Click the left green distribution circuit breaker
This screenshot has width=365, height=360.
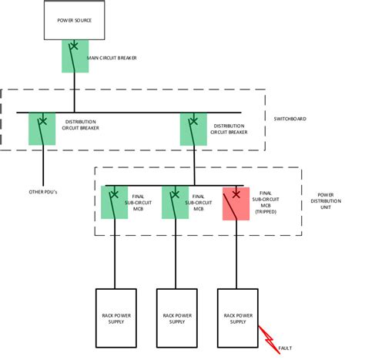coord(42,129)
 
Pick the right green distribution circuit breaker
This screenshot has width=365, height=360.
coord(193,129)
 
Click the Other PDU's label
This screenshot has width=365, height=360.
coord(42,191)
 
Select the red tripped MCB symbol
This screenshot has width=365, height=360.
coord(236,204)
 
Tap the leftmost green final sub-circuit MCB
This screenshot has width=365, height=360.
coord(114,202)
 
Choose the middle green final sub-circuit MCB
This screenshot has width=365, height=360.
coord(175,202)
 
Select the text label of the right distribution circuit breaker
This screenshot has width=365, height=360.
coord(229,129)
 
